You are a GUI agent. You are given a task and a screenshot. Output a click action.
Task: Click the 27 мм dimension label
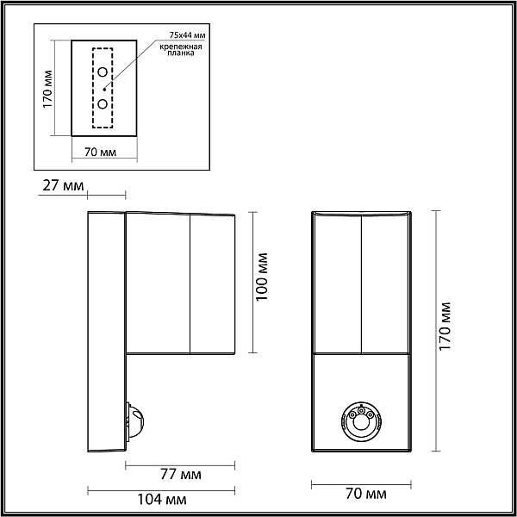(x=63, y=185)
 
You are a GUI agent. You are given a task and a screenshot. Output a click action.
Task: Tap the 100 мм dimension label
(x=263, y=277)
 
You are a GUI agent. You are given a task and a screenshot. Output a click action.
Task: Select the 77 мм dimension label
(x=181, y=475)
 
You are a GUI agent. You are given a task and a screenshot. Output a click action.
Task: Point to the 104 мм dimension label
(x=162, y=500)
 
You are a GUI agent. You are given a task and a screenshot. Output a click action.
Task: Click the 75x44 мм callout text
(x=188, y=35)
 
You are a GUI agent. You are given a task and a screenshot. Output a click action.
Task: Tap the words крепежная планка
(x=181, y=50)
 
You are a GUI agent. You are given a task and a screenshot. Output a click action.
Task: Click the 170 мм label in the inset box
(x=48, y=89)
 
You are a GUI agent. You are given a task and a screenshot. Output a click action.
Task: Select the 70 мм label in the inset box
(x=101, y=152)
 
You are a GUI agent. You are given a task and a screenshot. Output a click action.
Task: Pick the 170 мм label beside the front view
(x=445, y=326)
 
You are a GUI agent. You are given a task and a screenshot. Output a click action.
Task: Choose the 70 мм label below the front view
(x=366, y=494)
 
